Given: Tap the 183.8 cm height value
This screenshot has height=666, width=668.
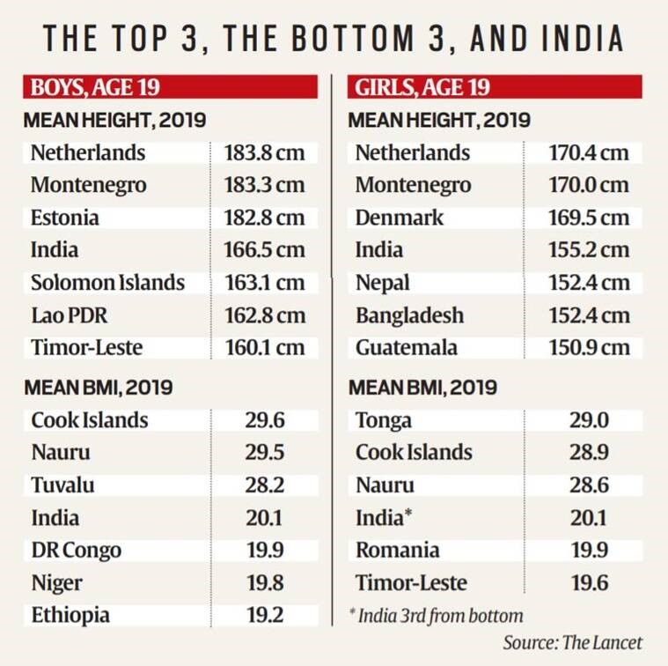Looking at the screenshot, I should tap(264, 152).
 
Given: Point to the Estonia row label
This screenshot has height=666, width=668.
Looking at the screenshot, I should tap(64, 218).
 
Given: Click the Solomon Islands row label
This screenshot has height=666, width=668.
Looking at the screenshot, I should tap(107, 283).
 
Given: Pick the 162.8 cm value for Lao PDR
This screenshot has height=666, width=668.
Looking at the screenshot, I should tap(264, 314).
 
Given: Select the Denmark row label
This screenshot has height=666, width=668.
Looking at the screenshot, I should tap(400, 218).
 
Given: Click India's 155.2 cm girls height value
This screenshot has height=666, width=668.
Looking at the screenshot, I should tap(590, 250).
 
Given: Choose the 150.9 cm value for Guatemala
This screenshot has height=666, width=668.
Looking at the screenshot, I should tap(590, 347).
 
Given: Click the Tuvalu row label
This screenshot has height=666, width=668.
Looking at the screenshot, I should tap(62, 485).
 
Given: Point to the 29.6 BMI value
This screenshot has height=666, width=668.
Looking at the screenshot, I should tap(264, 420).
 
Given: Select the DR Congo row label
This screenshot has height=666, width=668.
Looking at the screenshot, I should tap(76, 550).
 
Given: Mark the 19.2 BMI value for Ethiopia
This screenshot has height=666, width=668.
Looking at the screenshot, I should tap(264, 615).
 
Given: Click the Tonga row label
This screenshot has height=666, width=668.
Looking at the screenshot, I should tap(384, 420).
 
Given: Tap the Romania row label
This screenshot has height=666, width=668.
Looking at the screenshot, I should tap(398, 550).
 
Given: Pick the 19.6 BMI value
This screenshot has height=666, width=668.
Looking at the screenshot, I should tap(588, 582).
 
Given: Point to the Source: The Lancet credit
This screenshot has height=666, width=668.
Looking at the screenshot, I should tap(572, 642).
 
